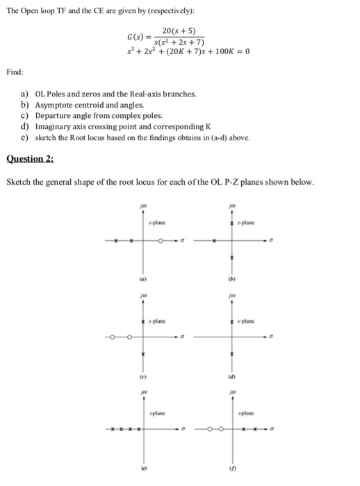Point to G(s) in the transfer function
pos(136,37)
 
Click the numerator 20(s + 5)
pos(179,31)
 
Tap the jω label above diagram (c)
pos(144,294)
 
